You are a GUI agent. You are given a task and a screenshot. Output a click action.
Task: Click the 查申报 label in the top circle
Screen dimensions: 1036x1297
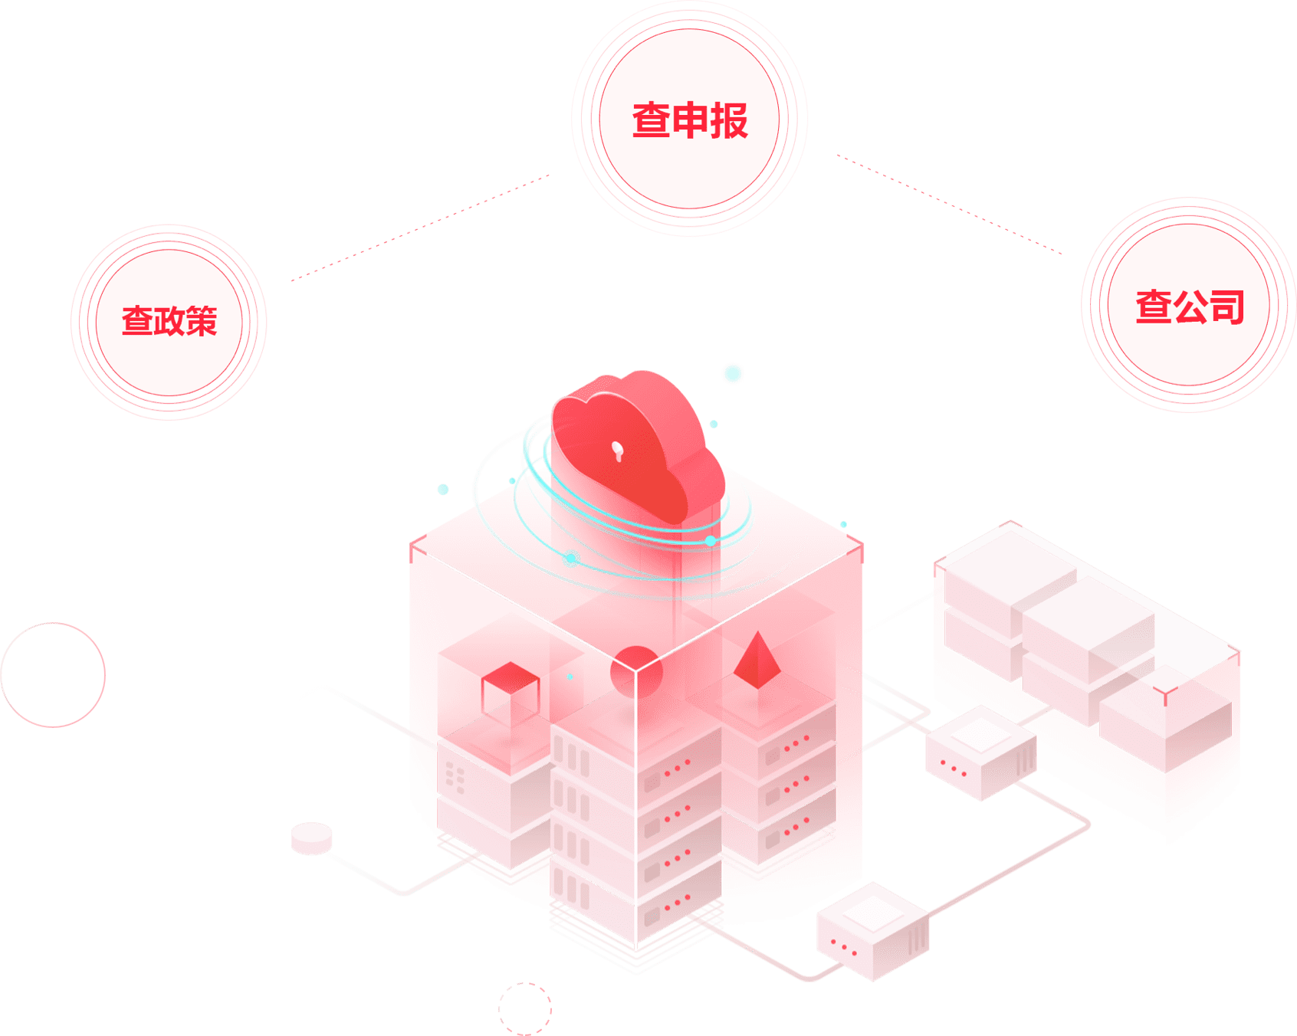tap(689, 120)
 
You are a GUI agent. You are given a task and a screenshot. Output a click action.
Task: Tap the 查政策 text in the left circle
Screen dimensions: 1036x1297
tap(169, 321)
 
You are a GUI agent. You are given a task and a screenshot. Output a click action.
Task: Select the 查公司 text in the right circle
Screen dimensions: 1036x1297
tap(1189, 307)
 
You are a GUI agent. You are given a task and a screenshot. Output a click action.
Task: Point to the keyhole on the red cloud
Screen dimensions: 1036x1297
tap(618, 451)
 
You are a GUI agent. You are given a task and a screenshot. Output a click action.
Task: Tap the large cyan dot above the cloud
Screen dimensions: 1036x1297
tap(733, 373)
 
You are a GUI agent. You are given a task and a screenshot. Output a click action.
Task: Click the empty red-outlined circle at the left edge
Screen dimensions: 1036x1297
tap(53, 674)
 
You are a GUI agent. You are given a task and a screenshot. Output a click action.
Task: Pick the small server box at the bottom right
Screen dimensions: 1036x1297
tap(872, 930)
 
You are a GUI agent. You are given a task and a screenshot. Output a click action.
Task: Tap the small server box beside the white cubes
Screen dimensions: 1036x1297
tap(980, 752)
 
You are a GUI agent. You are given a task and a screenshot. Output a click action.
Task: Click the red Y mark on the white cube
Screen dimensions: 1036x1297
tap(1165, 696)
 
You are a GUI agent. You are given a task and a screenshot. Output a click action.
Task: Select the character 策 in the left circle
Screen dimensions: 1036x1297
tap(202, 321)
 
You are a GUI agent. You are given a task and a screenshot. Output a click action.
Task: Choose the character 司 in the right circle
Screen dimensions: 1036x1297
tap(1226, 307)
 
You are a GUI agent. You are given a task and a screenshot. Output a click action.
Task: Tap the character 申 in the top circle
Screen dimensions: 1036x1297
tap(689, 120)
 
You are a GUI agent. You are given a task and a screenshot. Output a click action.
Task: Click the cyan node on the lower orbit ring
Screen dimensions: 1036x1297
tap(571, 559)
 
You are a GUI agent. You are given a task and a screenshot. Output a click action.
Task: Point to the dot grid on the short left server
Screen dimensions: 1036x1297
tap(455, 776)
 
